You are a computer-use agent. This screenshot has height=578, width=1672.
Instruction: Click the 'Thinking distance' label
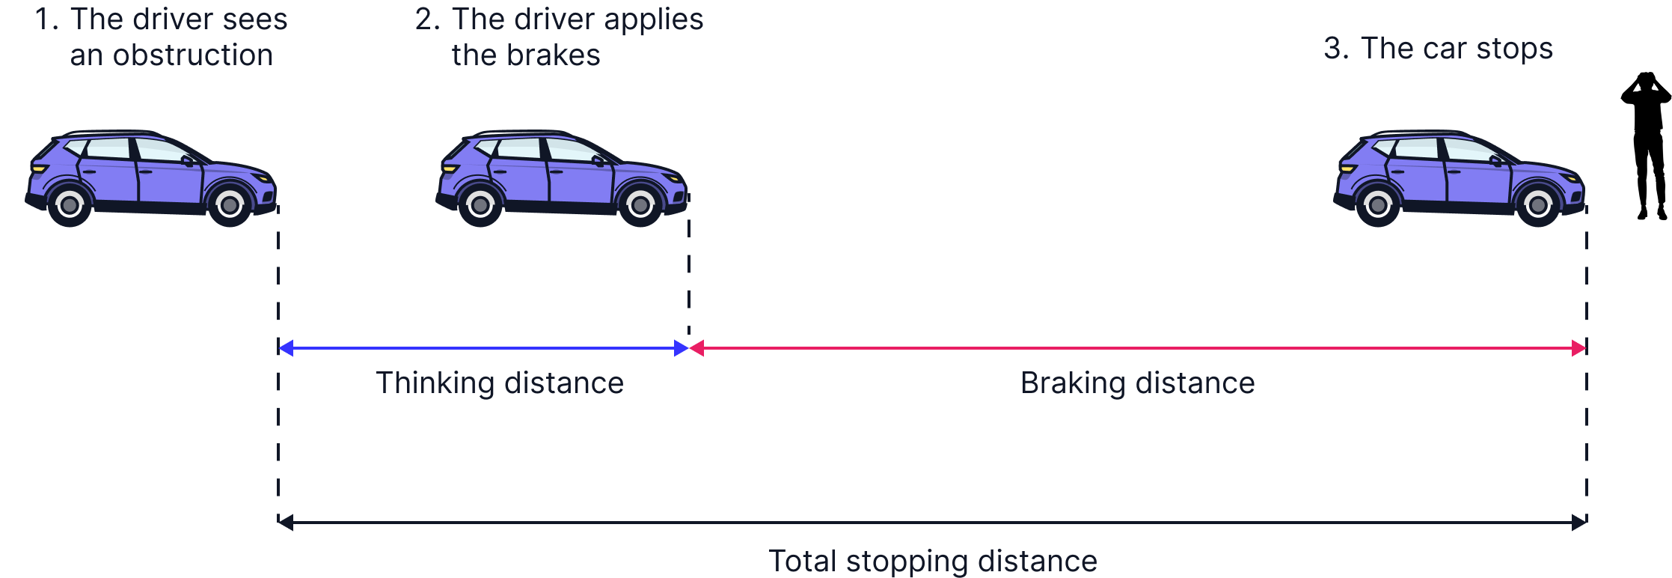click(500, 383)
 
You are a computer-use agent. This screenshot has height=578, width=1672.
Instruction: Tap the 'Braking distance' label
click(1137, 383)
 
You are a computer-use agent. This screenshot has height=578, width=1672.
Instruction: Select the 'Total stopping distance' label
click(933, 561)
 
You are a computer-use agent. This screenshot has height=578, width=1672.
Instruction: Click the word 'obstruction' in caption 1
click(192, 55)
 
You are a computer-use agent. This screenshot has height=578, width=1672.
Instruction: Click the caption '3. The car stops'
click(1438, 49)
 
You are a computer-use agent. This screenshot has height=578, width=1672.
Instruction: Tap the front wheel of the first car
click(230, 204)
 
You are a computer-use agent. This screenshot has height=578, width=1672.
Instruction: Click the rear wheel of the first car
click(70, 204)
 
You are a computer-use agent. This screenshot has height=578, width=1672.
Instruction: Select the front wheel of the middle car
click(640, 204)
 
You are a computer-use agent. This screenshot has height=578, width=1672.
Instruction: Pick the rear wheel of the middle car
click(480, 204)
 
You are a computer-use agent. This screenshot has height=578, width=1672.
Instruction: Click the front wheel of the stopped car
click(1538, 204)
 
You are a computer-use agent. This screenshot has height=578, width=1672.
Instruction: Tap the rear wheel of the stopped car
click(1378, 204)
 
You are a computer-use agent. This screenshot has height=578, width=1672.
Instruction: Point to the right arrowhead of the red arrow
click(1578, 348)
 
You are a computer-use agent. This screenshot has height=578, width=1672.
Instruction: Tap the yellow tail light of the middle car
click(450, 168)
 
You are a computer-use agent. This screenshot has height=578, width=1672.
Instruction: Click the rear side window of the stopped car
click(1415, 148)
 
